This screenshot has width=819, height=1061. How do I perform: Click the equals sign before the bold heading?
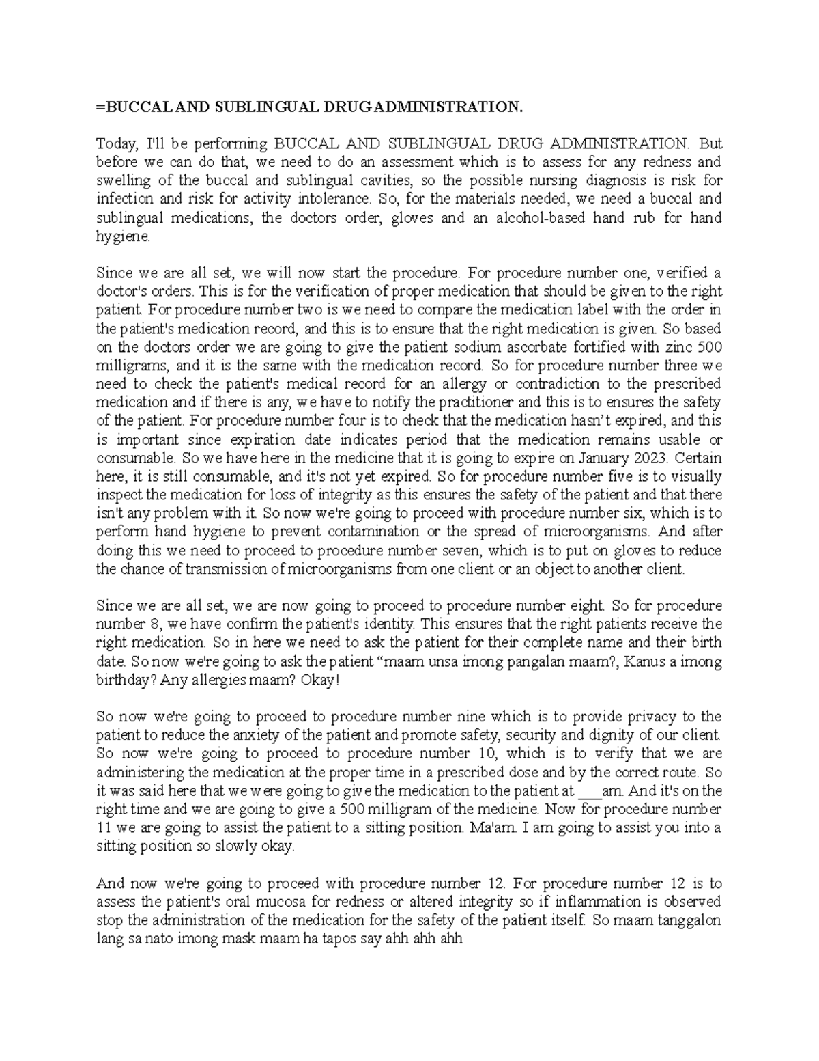pos(99,107)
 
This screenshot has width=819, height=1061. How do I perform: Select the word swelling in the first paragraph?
pos(120,181)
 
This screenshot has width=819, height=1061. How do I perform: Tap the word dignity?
pos(617,736)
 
